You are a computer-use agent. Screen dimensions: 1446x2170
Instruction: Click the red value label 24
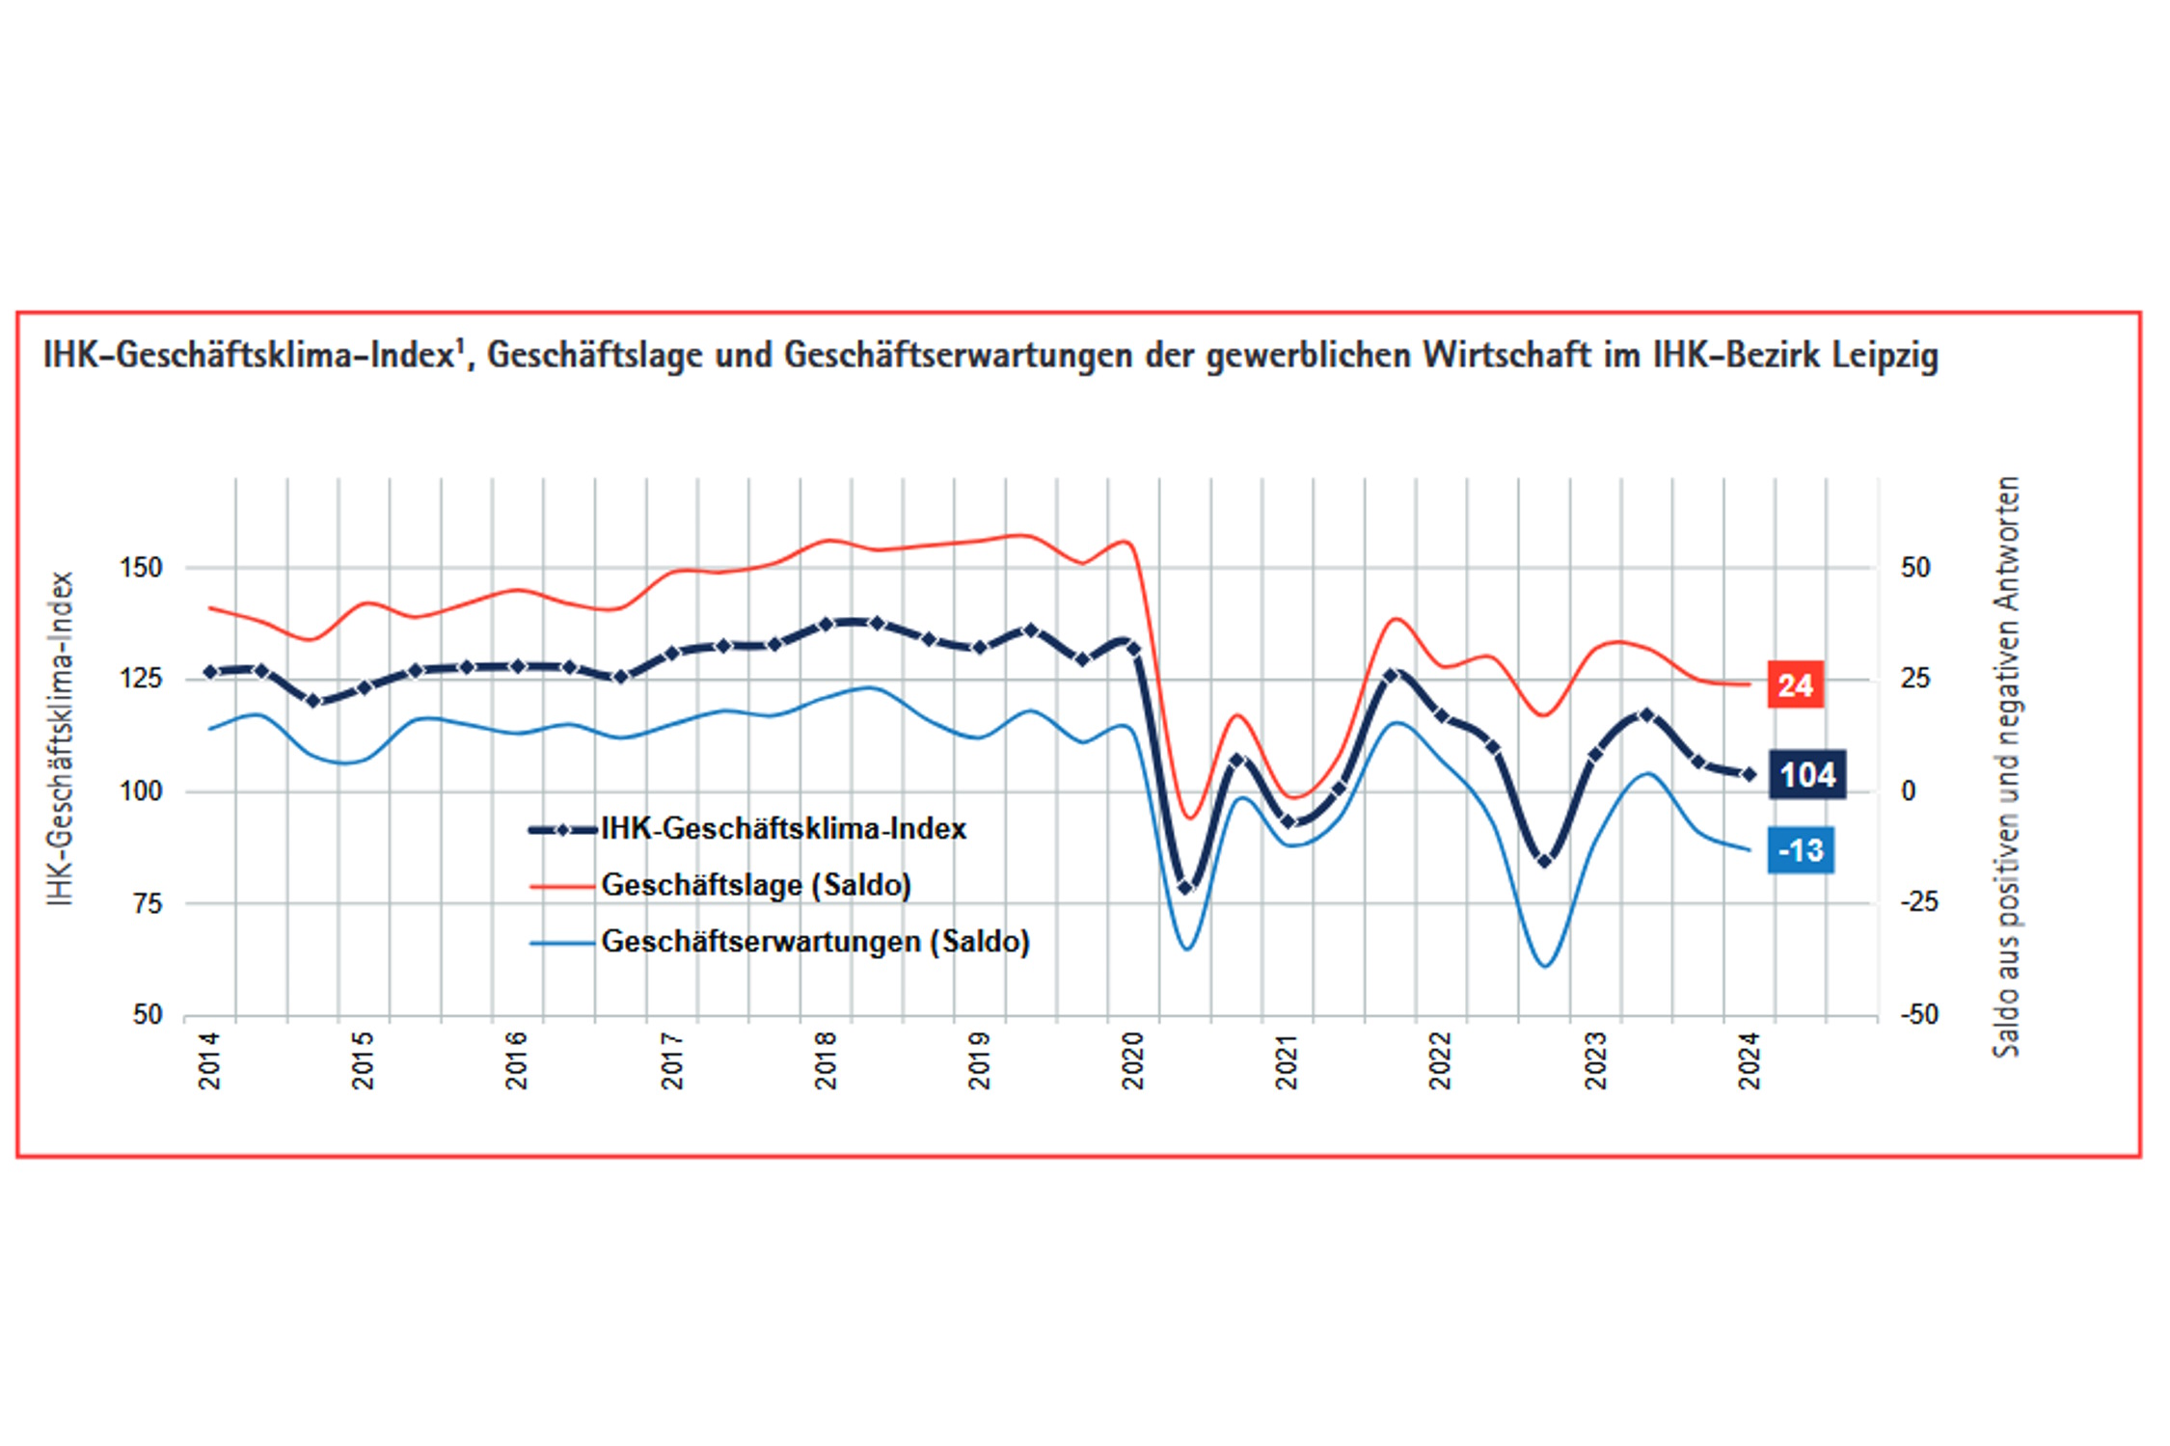click(x=1795, y=684)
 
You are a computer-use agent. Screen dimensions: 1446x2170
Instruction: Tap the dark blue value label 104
click(x=1806, y=774)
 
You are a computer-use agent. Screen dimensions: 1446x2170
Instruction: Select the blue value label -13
click(x=1800, y=850)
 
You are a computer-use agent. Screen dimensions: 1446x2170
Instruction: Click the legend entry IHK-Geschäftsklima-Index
click(x=782, y=829)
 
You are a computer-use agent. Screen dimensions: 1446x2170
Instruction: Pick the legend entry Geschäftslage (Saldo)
click(x=755, y=885)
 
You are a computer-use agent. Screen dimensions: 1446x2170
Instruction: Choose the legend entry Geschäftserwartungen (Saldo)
click(x=815, y=941)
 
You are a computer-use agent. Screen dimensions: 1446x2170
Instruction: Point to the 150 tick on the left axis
click(x=141, y=568)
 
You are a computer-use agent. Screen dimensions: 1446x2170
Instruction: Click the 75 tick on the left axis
click(x=148, y=903)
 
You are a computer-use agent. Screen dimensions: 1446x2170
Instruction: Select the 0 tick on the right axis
click(x=1908, y=791)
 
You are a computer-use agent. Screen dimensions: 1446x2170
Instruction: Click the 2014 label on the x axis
click(x=209, y=1060)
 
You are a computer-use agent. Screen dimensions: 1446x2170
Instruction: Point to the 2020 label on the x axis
click(x=1132, y=1060)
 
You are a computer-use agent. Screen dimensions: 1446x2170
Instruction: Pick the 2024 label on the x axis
click(x=1749, y=1060)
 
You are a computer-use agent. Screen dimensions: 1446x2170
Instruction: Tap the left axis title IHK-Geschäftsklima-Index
click(x=61, y=738)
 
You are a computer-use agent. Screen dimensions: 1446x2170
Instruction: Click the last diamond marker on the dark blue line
click(x=1750, y=774)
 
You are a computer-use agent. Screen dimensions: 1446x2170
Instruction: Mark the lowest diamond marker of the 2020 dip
click(x=1186, y=888)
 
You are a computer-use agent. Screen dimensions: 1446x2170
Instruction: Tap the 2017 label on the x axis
click(x=671, y=1060)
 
